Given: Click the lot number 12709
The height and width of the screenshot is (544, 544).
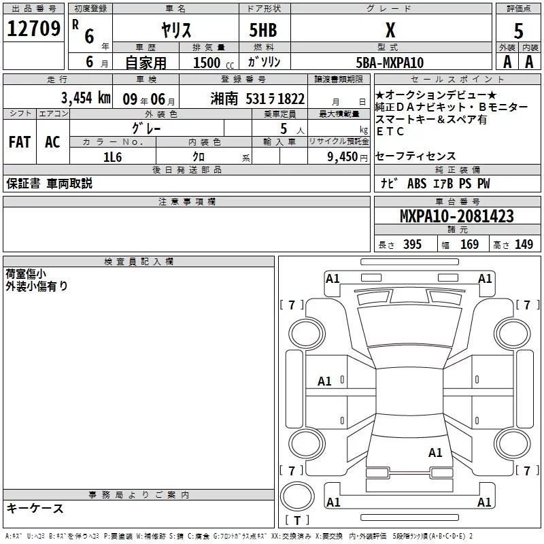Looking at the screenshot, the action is pyautogui.click(x=33, y=29).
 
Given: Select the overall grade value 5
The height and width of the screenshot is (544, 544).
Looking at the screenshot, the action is pyautogui.click(x=518, y=31).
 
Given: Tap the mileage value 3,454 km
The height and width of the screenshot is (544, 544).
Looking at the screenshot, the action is pyautogui.click(x=86, y=97).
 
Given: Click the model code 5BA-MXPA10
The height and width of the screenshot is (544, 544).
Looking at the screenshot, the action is pyautogui.click(x=390, y=63).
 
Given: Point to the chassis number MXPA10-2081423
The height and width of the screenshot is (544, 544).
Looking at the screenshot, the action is pyautogui.click(x=456, y=216).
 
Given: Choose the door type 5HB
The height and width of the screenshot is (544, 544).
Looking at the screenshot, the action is pyautogui.click(x=263, y=30).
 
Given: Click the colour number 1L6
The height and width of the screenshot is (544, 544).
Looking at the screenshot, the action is pyautogui.click(x=112, y=157).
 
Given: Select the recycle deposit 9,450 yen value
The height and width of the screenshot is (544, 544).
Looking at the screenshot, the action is pyautogui.click(x=347, y=157).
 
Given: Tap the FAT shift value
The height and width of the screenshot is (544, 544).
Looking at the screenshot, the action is pyautogui.click(x=20, y=142).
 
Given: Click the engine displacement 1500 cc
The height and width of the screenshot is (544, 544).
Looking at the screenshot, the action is pyautogui.click(x=214, y=63).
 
